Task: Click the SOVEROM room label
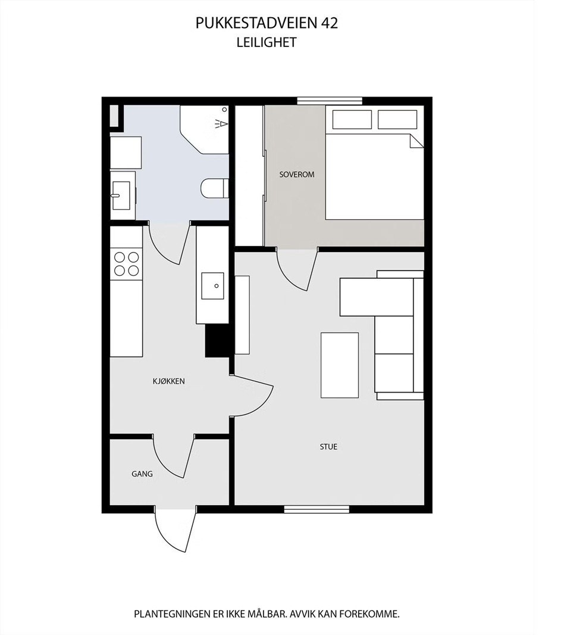point(297,175)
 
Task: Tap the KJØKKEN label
point(168,381)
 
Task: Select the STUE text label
point(328,446)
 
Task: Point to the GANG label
point(142,474)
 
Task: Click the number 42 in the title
point(330,23)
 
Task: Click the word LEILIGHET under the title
point(266,42)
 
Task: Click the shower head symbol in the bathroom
point(221,123)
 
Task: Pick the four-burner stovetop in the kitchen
point(126,264)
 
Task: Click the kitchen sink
point(212,286)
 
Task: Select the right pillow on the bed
point(397,120)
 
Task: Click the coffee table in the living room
point(340,365)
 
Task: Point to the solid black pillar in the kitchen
point(217,341)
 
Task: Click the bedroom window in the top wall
point(330,101)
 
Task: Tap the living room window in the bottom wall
point(316,509)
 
